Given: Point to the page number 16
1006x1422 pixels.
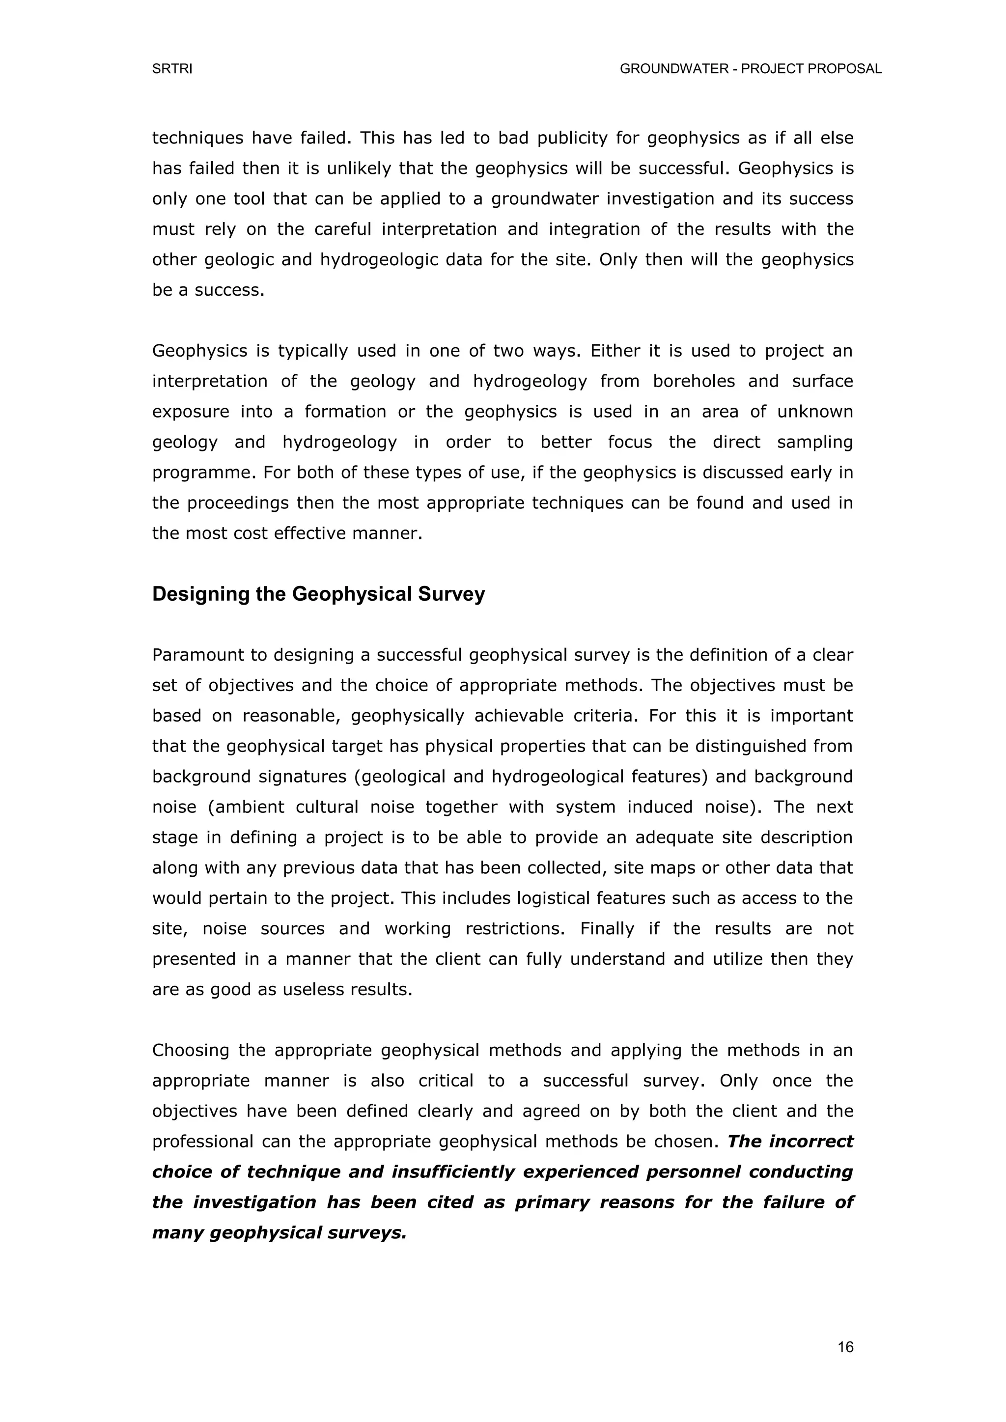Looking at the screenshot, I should point(845,1347).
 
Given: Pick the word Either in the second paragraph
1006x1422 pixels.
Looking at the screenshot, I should point(613,351).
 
